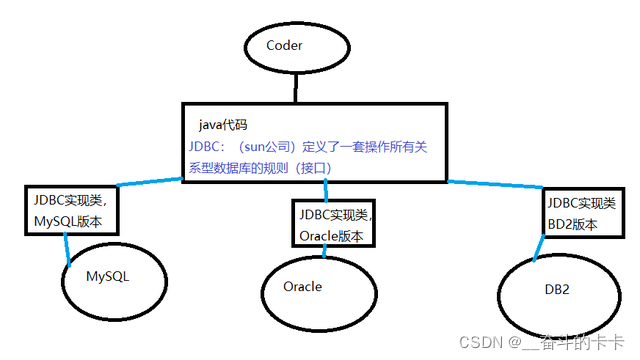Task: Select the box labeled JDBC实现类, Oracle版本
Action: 333,224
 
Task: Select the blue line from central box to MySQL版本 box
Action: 150,181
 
